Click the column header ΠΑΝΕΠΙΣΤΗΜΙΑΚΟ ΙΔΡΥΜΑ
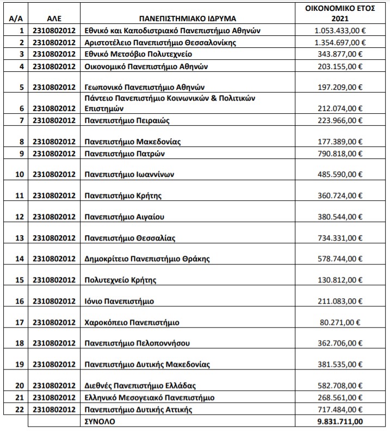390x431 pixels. pos(189,18)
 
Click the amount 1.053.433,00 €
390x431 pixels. pos(340,31)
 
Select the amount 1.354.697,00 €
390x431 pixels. pos(340,42)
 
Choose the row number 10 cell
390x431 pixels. pos(20,175)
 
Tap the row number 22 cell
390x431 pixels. pos(20,409)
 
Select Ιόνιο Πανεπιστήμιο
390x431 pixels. pos(119,301)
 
